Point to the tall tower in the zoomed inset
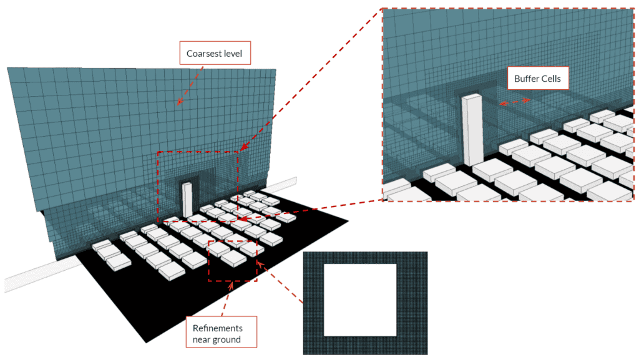tap(472, 130)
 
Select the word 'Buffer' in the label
tap(527, 79)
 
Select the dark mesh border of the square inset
tap(313, 303)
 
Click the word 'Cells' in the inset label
tap(552, 79)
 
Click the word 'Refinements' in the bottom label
tap(217, 328)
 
